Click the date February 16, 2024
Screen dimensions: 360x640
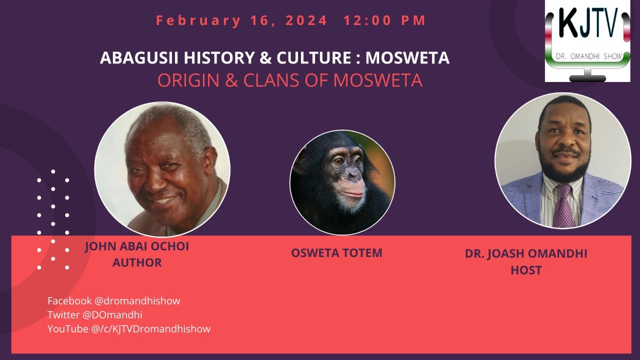pyautogui.click(x=241, y=20)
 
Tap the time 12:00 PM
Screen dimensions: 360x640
pyautogui.click(x=384, y=20)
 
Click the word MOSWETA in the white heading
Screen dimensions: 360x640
pyautogui.click(x=407, y=58)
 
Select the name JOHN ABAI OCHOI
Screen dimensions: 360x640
pyautogui.click(x=137, y=247)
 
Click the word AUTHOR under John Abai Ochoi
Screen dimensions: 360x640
pyautogui.click(x=137, y=262)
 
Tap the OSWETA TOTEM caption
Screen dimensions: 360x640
pyautogui.click(x=336, y=253)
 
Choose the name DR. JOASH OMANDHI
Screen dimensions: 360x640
pyautogui.click(x=526, y=253)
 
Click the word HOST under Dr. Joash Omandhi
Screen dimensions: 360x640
pyautogui.click(x=526, y=270)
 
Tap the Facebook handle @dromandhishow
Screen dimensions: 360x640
pyautogui.click(x=137, y=301)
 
